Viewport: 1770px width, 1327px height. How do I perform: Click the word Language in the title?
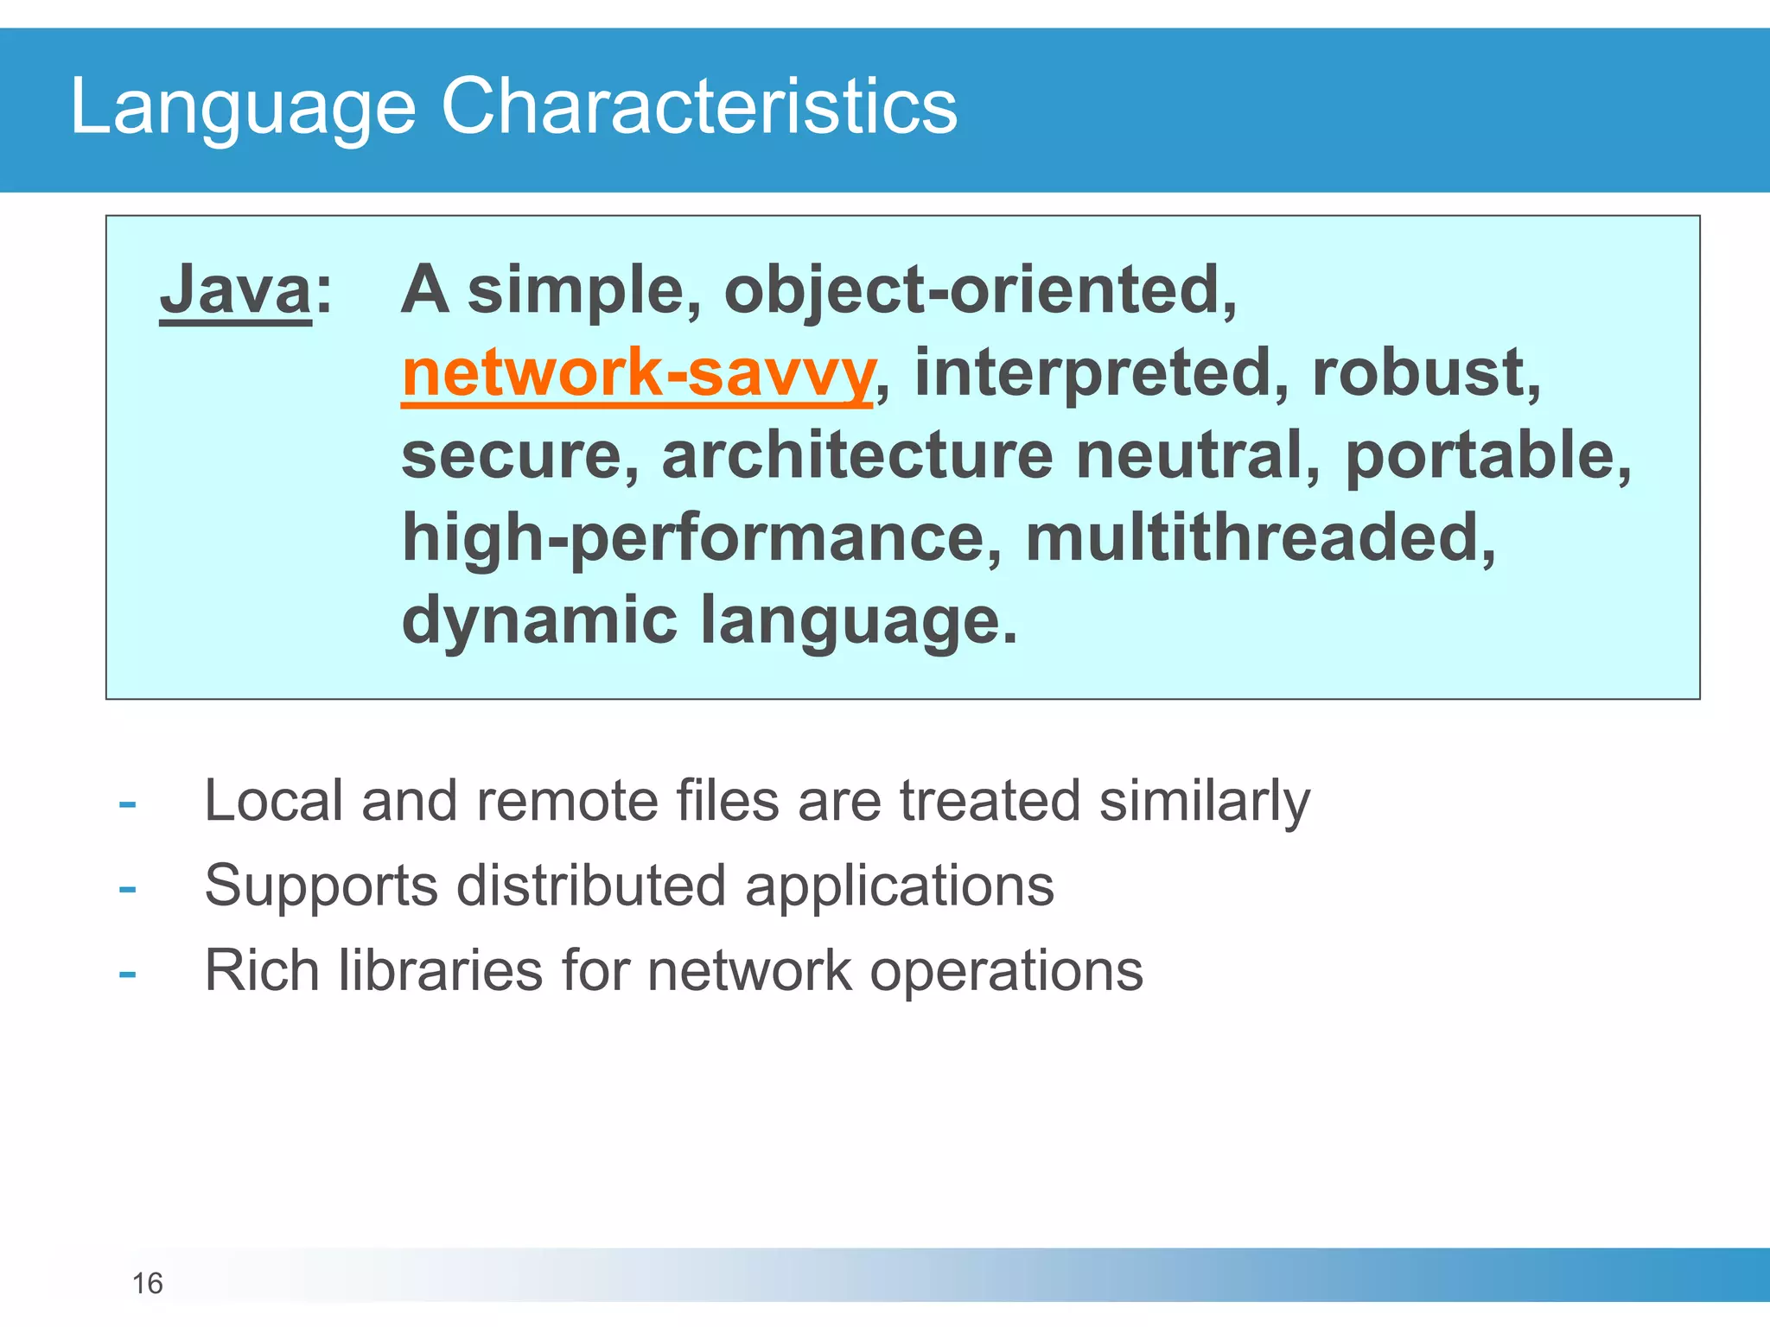[x=242, y=107]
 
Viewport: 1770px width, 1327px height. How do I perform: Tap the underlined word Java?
[x=235, y=290]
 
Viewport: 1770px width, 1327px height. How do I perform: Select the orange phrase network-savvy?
[x=638, y=373]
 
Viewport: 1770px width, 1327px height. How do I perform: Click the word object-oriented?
[x=980, y=290]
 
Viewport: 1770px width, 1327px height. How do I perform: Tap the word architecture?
[x=856, y=456]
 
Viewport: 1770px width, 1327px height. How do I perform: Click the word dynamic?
[x=539, y=620]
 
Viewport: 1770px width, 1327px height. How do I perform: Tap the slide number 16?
[x=147, y=1284]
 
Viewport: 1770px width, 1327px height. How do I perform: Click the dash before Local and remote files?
[x=128, y=804]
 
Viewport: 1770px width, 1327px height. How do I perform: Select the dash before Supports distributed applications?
[x=128, y=889]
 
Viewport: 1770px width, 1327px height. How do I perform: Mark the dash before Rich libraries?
[x=128, y=974]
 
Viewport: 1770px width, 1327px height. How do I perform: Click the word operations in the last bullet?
[x=1006, y=972]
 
